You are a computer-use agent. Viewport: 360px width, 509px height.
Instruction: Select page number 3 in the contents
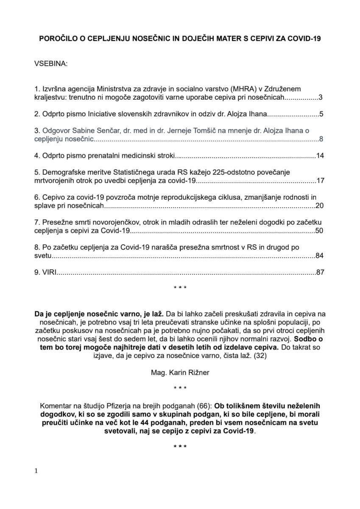(321, 98)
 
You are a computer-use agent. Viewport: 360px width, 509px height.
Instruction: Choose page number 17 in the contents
(320, 181)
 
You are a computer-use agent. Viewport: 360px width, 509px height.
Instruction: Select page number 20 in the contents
(320, 206)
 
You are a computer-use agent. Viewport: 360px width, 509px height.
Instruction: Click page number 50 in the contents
(320, 231)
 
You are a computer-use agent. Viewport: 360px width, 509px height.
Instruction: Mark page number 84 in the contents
(320, 256)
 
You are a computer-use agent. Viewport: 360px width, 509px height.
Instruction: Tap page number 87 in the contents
(320, 272)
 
